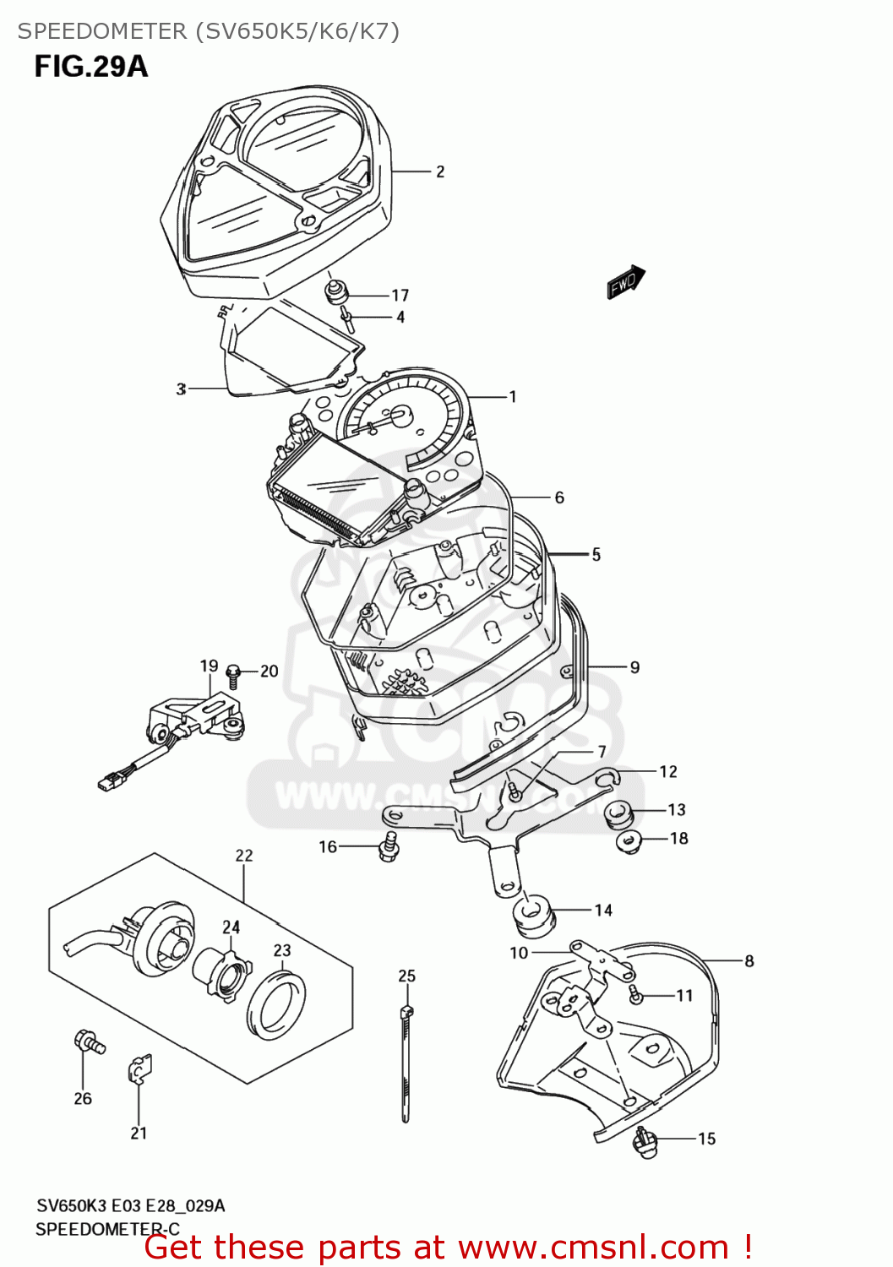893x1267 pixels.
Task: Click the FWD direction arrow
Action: click(625, 282)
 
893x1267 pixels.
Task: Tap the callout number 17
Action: click(400, 296)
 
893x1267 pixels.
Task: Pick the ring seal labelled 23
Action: click(276, 1004)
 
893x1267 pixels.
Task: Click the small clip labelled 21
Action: click(140, 1069)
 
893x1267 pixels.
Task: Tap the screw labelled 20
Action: click(234, 673)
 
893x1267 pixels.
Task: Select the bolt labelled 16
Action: click(389, 846)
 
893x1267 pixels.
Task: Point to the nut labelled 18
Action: click(629, 840)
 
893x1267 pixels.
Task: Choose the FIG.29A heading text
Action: click(90, 66)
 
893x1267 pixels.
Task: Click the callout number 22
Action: click(244, 855)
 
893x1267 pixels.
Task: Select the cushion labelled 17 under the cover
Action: click(337, 293)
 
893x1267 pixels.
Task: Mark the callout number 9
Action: click(634, 667)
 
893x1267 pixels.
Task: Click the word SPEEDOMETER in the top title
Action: click(101, 31)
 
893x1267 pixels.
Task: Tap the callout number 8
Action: click(749, 960)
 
